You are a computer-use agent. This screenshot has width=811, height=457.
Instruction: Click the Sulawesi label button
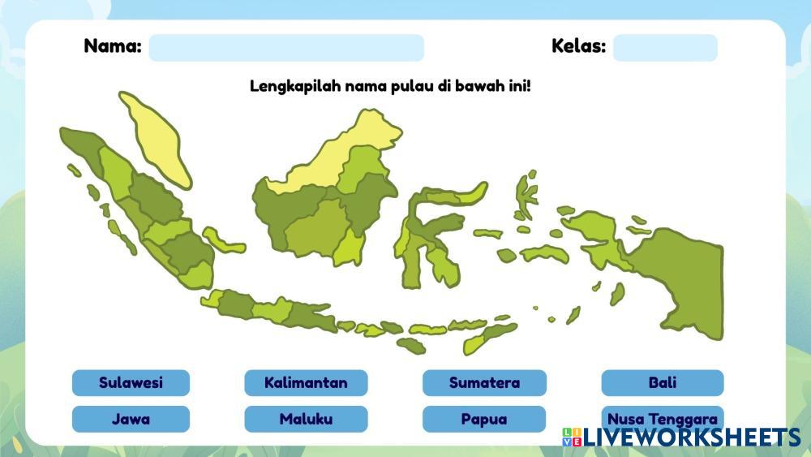(x=131, y=383)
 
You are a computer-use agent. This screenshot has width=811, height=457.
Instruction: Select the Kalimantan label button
(x=306, y=383)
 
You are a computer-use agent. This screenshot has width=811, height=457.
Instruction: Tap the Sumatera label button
(x=484, y=383)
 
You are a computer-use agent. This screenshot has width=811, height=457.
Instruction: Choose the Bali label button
(x=662, y=383)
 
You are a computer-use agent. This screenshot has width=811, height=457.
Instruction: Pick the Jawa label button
(x=131, y=419)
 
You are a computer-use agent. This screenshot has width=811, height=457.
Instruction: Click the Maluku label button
(x=306, y=419)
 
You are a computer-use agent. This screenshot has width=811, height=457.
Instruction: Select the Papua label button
(x=484, y=419)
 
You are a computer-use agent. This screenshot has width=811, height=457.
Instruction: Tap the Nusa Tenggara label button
(x=662, y=418)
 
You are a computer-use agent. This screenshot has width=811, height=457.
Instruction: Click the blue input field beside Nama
(x=286, y=48)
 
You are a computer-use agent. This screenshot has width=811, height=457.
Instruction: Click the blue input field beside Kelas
(x=665, y=48)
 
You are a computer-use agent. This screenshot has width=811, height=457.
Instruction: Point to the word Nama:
(x=113, y=46)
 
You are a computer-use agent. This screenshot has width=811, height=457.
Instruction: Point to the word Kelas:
(x=579, y=46)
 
